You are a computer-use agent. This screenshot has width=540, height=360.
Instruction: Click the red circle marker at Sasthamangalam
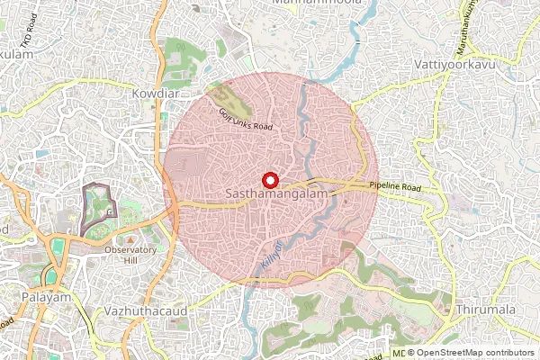pos(270,180)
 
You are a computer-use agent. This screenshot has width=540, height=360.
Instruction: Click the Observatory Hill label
pos(130,255)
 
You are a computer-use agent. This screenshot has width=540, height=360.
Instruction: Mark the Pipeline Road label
pos(395,186)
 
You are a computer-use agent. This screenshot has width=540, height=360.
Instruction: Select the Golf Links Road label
pos(245,119)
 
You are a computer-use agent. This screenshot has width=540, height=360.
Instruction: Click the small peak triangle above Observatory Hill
pos(130,239)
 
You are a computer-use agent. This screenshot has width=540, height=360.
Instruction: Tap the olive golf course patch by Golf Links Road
pos(236,102)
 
